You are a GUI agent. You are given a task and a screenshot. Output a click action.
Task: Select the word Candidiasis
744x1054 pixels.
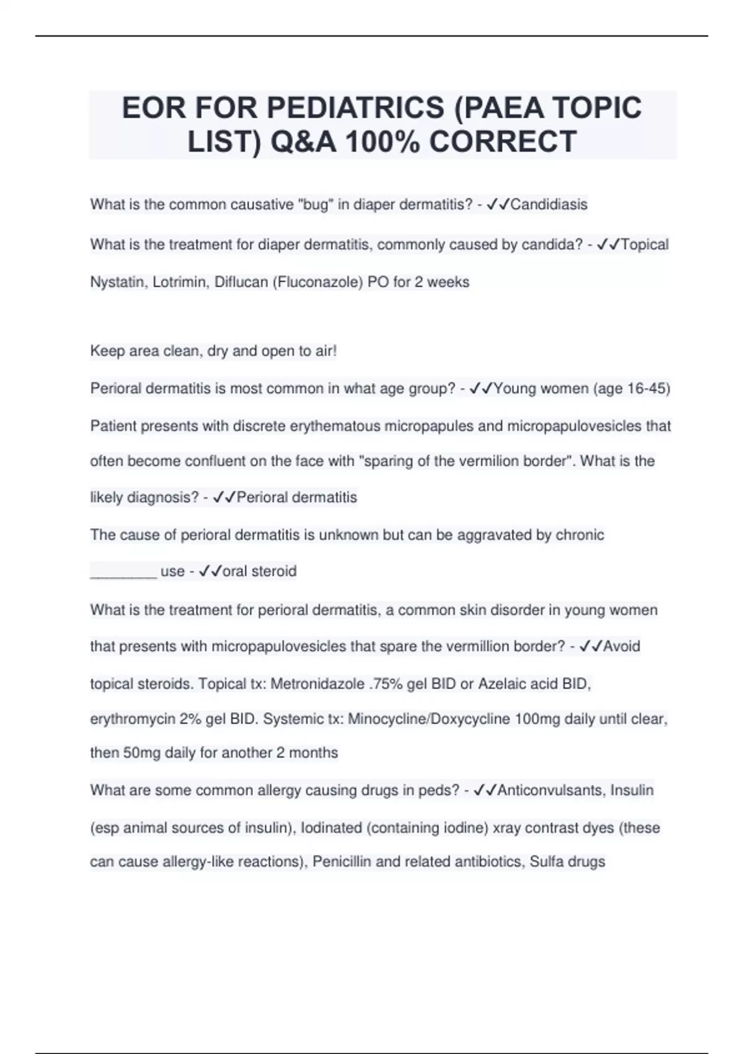tap(549, 205)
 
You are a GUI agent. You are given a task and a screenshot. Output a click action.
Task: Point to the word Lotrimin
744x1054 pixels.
tap(180, 282)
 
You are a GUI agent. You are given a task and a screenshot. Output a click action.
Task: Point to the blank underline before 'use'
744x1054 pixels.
tap(123, 572)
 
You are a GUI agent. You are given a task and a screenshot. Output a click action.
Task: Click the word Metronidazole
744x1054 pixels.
tap(317, 684)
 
